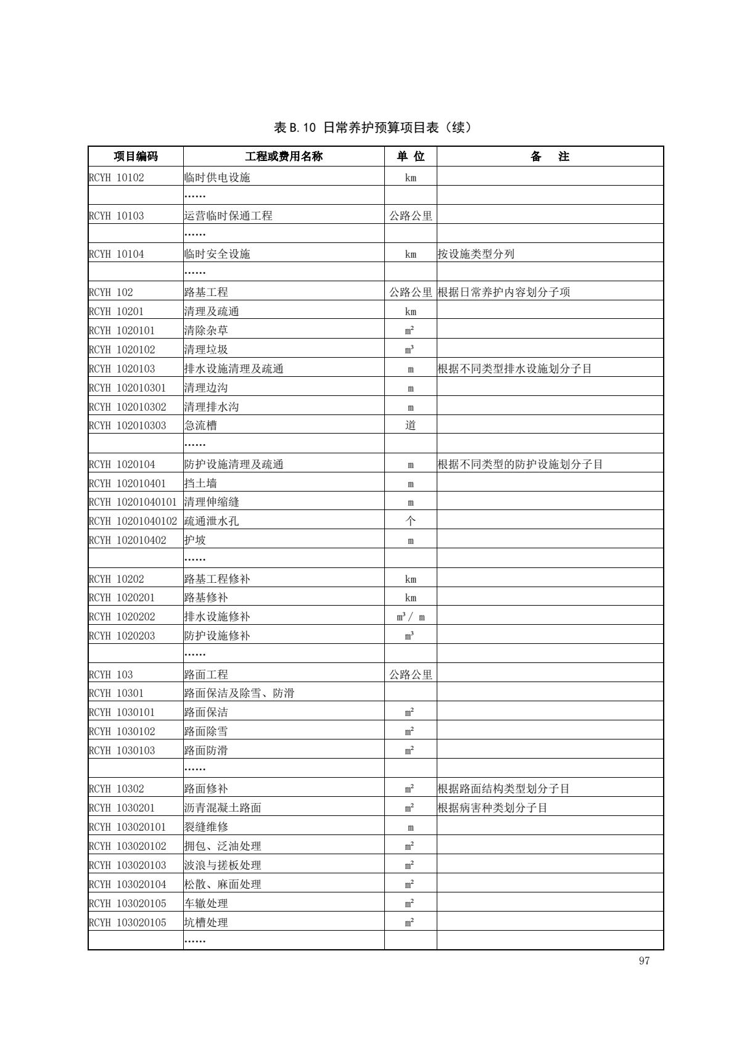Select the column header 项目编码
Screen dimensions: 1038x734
click(136, 157)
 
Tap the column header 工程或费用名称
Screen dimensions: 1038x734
click(284, 157)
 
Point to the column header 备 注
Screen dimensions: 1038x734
click(550, 157)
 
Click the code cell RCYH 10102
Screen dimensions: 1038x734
click(117, 178)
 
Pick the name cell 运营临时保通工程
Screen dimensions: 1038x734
click(228, 216)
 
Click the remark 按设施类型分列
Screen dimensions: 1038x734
click(476, 254)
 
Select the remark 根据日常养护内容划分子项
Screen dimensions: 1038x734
click(503, 292)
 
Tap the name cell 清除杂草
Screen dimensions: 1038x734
click(206, 331)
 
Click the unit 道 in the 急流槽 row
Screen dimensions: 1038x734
click(410, 426)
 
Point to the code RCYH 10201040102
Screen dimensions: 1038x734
click(133, 521)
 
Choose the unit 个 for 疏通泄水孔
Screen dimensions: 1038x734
click(410, 521)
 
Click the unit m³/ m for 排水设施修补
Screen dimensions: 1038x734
click(410, 617)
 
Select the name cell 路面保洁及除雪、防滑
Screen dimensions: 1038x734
click(239, 693)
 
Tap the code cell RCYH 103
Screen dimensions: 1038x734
click(111, 675)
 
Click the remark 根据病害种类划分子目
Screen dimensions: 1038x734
click(492, 808)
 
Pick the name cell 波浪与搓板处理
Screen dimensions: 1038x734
click(223, 865)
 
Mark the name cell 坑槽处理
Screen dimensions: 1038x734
click(206, 923)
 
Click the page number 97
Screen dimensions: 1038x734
click(644, 961)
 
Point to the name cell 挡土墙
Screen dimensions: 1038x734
click(200, 483)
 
